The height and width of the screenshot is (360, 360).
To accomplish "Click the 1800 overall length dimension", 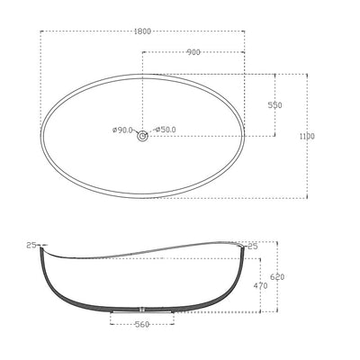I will coord(142,31).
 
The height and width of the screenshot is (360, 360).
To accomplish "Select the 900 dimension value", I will coord(193,52).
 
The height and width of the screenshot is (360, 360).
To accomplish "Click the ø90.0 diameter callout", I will coord(122,130).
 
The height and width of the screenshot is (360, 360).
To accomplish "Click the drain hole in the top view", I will coord(142,136).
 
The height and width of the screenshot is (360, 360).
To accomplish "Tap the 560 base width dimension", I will coord(142,327).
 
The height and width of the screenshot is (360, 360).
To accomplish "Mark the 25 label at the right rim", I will coord(252,246).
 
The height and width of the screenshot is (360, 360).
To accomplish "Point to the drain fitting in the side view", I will coord(142,314).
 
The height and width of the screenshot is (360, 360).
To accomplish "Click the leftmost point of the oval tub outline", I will coord(41,136).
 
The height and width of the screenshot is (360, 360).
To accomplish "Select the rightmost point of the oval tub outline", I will coord(245,136).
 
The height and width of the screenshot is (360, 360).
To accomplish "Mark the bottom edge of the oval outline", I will coord(142,197).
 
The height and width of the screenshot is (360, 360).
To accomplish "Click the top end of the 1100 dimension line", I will coord(309,75).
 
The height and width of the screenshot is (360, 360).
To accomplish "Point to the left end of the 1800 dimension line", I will coord(41,31).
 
